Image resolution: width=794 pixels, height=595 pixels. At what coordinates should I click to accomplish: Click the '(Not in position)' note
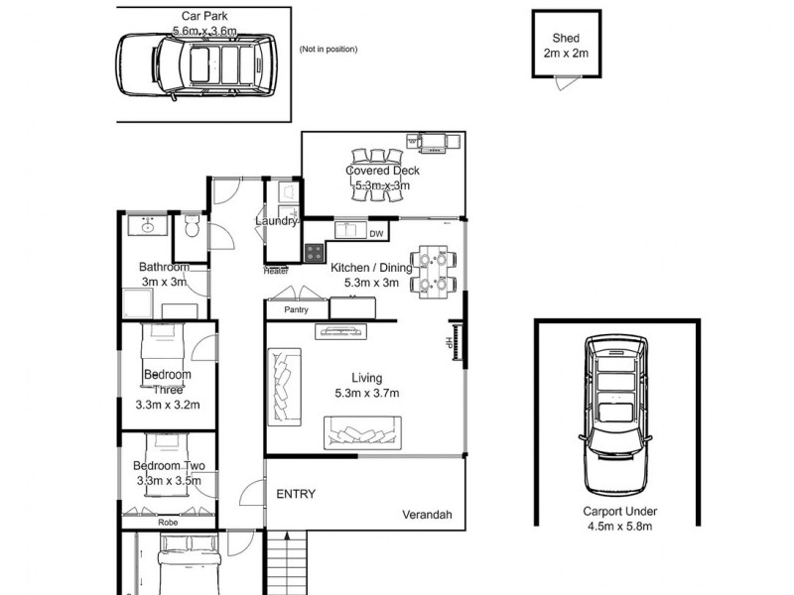328,50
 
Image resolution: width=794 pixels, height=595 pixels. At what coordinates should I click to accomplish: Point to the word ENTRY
296,494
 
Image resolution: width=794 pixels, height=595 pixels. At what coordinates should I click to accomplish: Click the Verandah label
427,515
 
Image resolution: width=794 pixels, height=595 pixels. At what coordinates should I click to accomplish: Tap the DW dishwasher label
376,234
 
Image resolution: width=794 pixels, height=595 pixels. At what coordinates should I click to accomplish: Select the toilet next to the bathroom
191,230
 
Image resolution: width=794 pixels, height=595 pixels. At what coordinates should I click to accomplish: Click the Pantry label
296,310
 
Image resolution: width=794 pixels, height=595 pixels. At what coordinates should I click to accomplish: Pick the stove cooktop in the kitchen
315,253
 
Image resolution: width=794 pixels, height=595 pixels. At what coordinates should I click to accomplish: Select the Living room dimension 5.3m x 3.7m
366,394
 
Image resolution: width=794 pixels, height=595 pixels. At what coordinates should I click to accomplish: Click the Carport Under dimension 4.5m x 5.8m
619,527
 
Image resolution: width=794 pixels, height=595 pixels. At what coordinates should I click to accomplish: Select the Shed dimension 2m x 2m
566,54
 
